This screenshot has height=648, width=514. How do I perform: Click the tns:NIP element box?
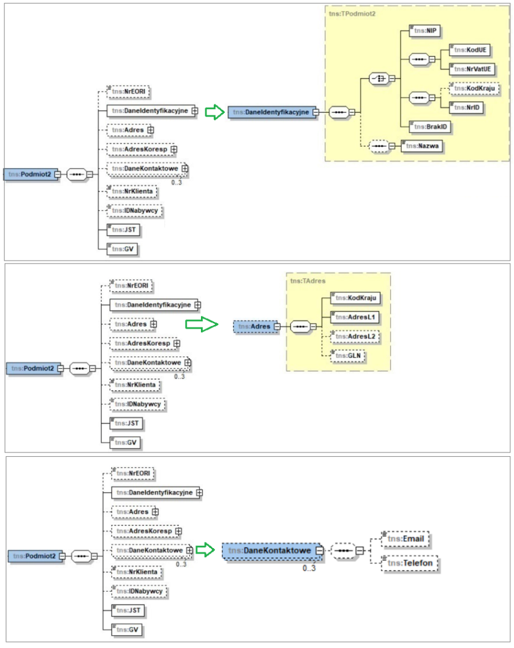425,30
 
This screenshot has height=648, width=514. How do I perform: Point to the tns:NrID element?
466,108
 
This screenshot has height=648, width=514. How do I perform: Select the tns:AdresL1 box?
355,317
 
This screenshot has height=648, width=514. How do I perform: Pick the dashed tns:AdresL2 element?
355,337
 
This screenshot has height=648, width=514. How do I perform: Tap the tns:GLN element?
348,356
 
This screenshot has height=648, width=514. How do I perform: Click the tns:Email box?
405,539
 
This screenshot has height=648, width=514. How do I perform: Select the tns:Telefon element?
409,563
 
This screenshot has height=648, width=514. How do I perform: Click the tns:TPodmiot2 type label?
352,13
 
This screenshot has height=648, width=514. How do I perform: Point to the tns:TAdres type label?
308,281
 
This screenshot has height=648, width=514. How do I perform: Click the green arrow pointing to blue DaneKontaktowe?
208,551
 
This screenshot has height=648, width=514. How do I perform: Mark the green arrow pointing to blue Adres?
202,324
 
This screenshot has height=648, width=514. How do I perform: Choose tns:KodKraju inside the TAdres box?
356,298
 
